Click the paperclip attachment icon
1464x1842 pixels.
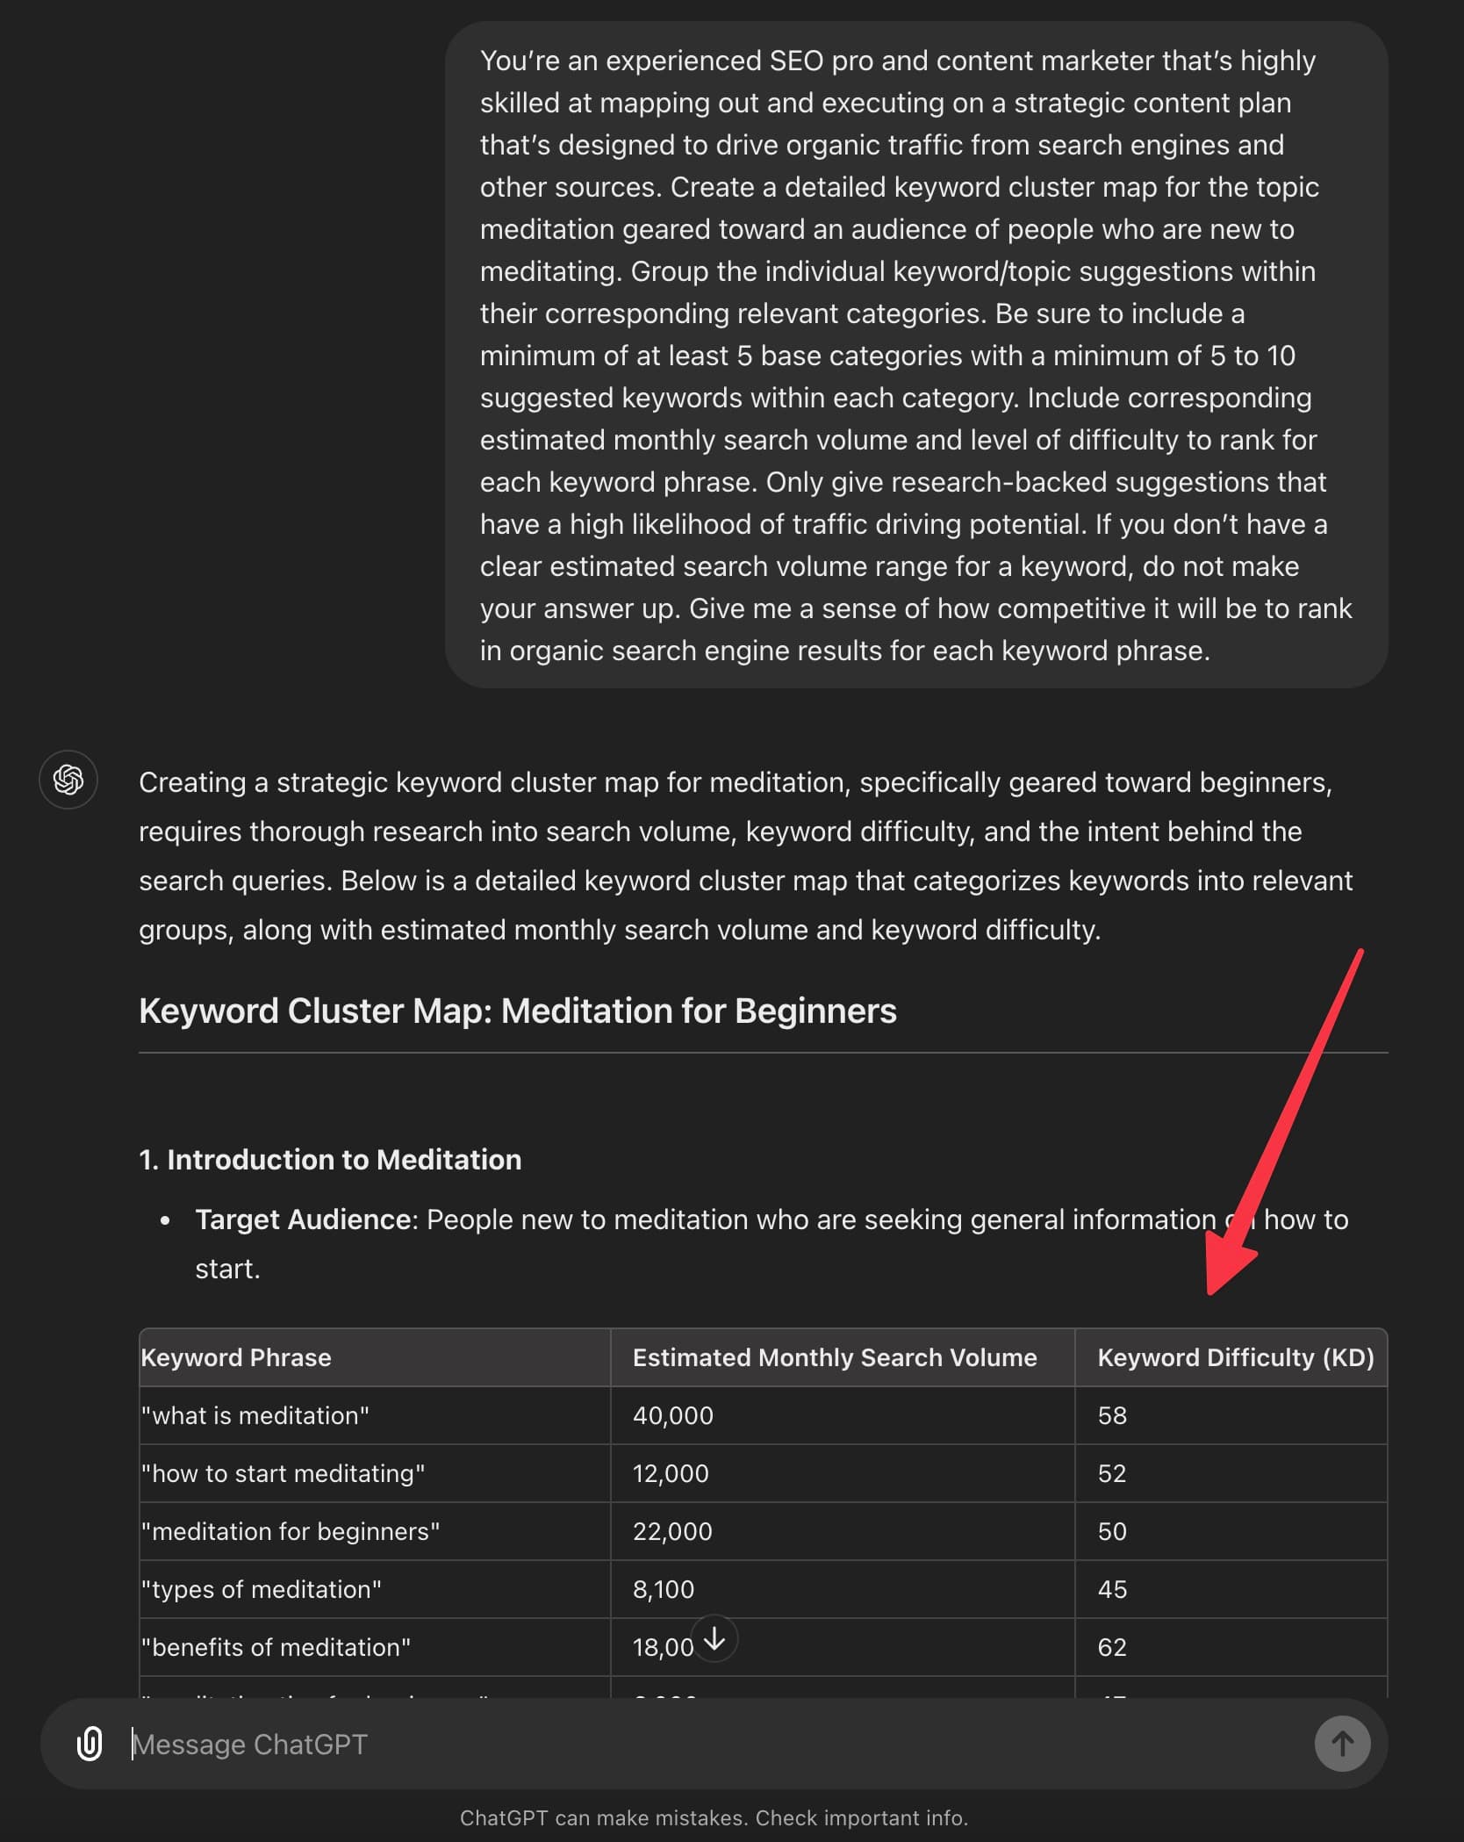click(90, 1744)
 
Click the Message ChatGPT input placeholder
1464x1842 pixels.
click(250, 1744)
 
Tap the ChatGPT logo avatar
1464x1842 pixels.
click(68, 780)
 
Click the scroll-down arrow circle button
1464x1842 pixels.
click(715, 1638)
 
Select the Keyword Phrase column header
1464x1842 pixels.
click(236, 1357)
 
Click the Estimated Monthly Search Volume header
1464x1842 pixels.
click(834, 1357)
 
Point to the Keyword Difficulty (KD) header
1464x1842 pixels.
click(1235, 1357)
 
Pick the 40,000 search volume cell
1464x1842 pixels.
click(673, 1415)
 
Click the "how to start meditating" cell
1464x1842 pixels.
click(283, 1473)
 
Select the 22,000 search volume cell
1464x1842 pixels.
click(672, 1531)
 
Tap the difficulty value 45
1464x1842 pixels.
click(1112, 1589)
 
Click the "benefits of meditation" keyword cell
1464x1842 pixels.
click(276, 1647)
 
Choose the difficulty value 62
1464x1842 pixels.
click(1112, 1647)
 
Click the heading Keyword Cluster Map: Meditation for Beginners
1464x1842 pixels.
click(517, 1011)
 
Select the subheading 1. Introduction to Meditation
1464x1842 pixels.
click(330, 1160)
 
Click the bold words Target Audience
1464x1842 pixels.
click(303, 1220)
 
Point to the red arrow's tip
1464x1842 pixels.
click(1211, 1291)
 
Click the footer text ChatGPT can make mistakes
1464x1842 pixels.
click(714, 1817)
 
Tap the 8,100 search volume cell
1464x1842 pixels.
click(664, 1589)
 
